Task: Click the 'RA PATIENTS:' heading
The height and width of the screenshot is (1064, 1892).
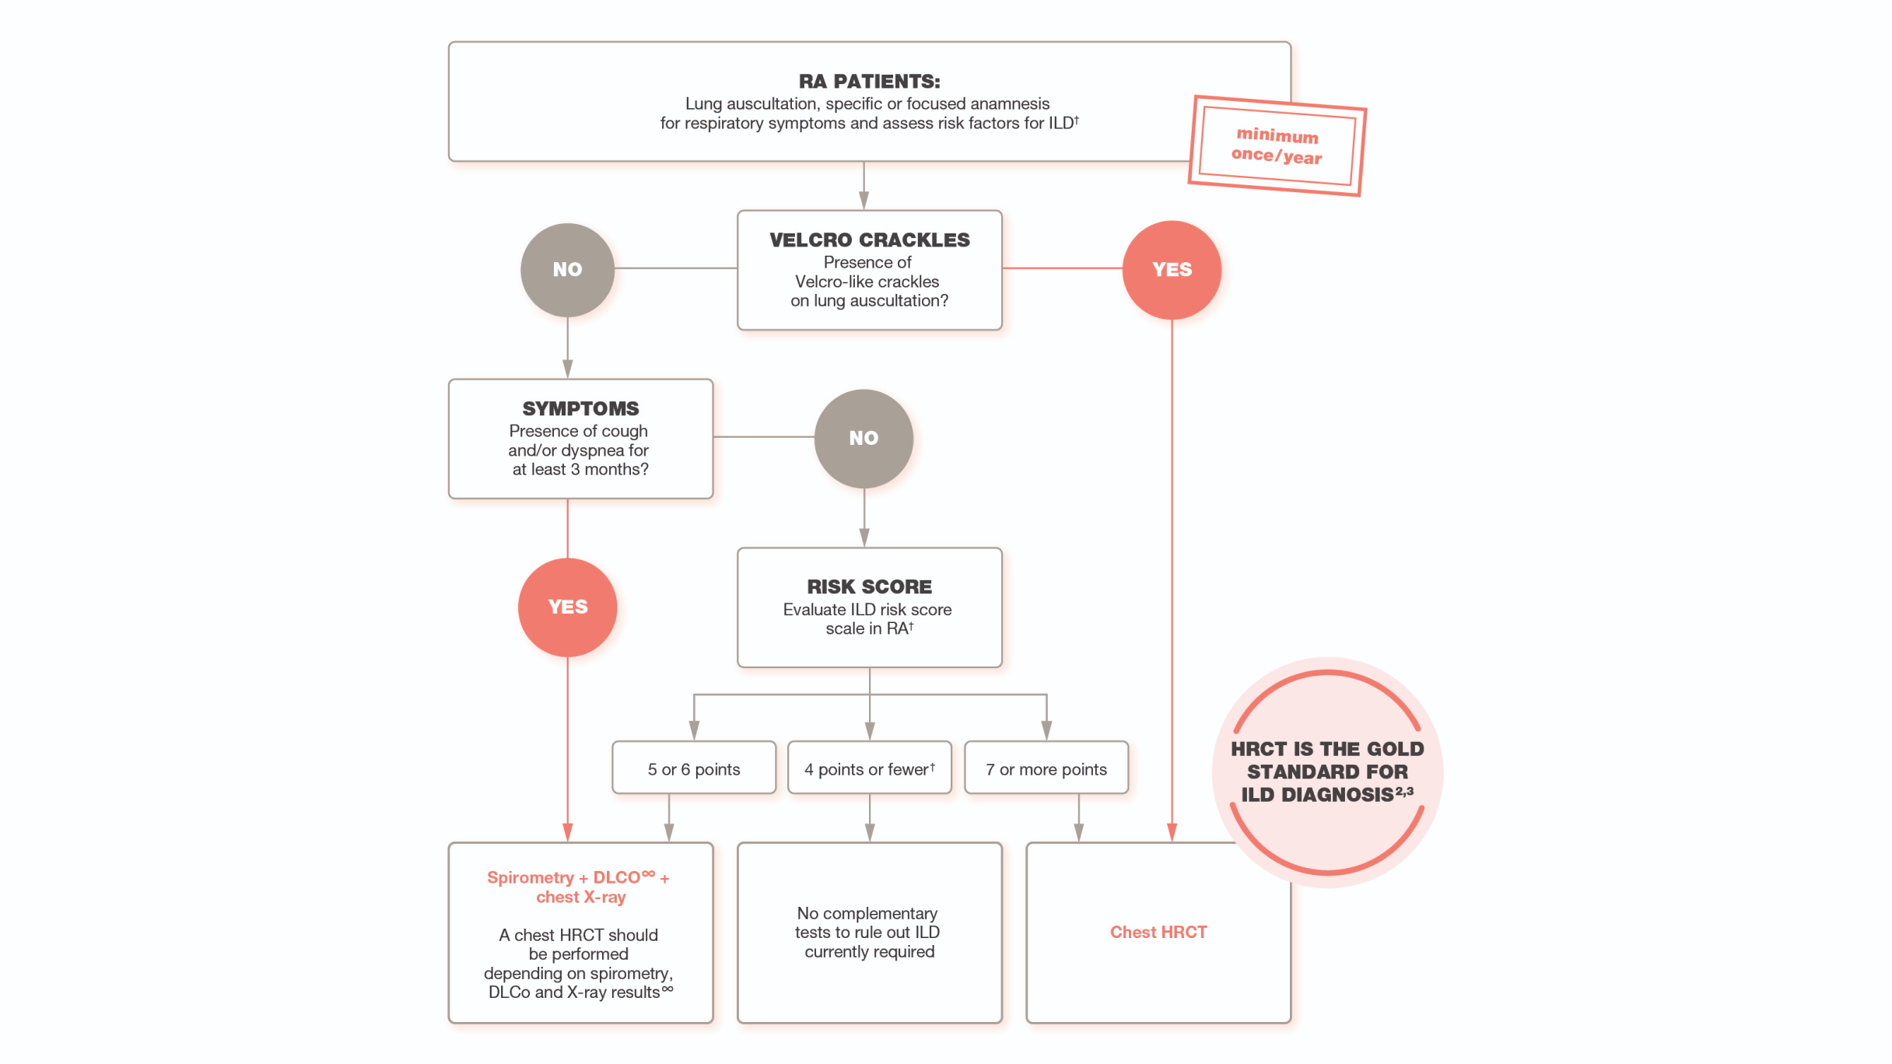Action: point(869,81)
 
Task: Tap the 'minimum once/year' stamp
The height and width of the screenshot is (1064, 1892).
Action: point(1277,145)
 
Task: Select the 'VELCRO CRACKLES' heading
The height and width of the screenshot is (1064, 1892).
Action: point(869,240)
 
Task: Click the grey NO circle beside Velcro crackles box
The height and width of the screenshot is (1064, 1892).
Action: point(567,269)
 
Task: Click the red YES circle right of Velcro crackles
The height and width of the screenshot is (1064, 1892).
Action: point(1171,269)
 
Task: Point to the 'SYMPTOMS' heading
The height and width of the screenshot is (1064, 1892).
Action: point(580,408)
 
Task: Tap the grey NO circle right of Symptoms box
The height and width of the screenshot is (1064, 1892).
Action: point(864,438)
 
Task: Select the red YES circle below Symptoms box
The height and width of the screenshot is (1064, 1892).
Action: point(567,607)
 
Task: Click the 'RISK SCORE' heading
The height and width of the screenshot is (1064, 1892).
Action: point(869,586)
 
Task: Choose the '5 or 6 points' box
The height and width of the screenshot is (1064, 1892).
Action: point(693,768)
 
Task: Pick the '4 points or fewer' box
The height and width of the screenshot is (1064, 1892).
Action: point(869,768)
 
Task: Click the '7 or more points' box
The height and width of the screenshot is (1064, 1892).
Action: point(1046,768)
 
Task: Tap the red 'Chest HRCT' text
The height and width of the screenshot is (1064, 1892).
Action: point(1158,932)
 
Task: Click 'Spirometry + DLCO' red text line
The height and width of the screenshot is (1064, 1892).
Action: point(577,877)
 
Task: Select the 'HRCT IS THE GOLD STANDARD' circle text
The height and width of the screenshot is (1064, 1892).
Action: point(1326,771)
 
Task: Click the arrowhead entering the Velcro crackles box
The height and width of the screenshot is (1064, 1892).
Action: point(864,200)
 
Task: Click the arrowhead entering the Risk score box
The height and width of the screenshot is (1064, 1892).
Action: point(864,537)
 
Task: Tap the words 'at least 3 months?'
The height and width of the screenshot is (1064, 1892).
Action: point(580,469)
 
